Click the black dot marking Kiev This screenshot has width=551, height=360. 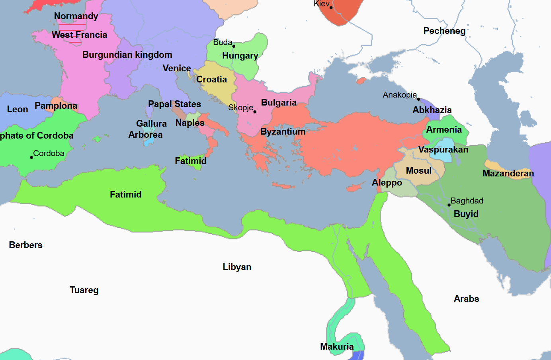[x=331, y=8]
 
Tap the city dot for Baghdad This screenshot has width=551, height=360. [x=449, y=205]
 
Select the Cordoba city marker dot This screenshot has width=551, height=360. [x=31, y=157]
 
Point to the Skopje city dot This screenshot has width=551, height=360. [x=255, y=112]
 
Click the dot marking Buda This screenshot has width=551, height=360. [x=234, y=46]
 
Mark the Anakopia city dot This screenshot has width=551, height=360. [x=418, y=99]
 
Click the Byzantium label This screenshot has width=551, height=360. [x=283, y=131]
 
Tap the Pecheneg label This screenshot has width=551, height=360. [x=444, y=31]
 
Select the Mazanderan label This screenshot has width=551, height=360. [x=508, y=173]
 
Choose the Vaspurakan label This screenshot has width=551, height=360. [x=443, y=149]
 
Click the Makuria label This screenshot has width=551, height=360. [x=337, y=346]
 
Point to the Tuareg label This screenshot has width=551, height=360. [x=84, y=290]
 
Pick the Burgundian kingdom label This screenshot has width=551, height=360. [x=127, y=55]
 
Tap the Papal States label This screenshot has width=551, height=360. [x=174, y=104]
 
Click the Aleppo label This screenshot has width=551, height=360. [x=387, y=182]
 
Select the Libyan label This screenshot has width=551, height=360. [x=237, y=267]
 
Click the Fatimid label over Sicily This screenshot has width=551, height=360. [x=191, y=161]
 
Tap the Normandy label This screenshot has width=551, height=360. [x=76, y=16]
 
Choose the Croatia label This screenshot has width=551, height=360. [x=211, y=79]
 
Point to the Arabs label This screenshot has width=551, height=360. [x=466, y=299]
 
